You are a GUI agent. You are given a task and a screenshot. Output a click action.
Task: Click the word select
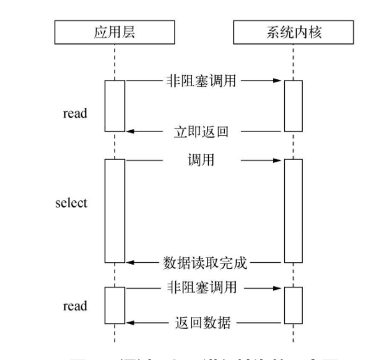click(70, 203)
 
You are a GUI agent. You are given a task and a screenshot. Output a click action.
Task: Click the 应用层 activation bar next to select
click(115, 211)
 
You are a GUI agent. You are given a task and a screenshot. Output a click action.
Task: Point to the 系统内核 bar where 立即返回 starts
click(294, 106)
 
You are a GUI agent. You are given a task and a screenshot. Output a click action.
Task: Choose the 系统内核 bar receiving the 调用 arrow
click(294, 211)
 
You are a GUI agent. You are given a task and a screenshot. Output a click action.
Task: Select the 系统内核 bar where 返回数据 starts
click(294, 305)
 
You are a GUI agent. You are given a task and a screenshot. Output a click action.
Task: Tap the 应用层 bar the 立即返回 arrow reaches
click(115, 106)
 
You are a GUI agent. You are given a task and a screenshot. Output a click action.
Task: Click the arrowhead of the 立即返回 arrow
click(129, 131)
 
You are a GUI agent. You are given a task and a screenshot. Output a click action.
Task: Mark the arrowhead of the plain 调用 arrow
click(280, 160)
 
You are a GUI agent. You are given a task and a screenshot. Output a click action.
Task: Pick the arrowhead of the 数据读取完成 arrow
click(129, 262)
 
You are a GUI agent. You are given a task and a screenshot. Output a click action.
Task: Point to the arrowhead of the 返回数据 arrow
click(129, 322)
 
